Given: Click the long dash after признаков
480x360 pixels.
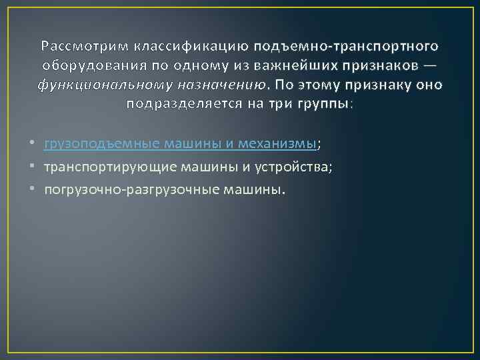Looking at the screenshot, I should coord(430,66).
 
